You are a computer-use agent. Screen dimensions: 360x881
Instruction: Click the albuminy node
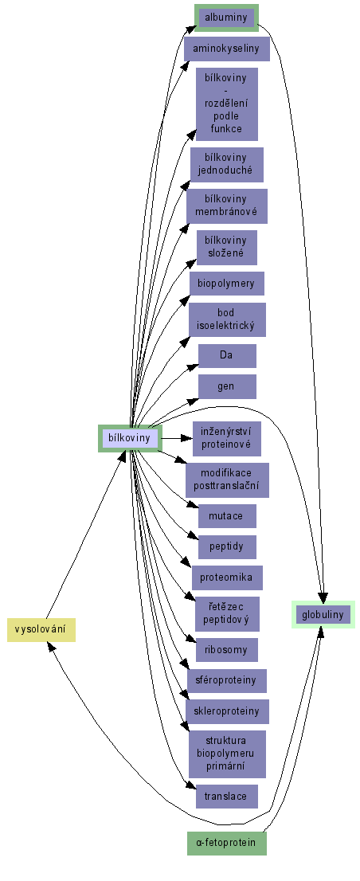tap(226, 18)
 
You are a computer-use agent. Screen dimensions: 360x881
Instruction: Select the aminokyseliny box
tap(226, 49)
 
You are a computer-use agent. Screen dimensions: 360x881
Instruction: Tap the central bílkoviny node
tap(130, 438)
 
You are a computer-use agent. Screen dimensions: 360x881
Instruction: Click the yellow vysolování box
tap(41, 629)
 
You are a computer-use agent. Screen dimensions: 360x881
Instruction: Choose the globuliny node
tap(323, 615)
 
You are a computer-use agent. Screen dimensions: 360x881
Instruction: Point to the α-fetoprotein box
tap(226, 843)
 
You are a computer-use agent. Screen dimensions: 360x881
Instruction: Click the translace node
tap(227, 796)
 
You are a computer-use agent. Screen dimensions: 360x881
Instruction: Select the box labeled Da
tap(227, 355)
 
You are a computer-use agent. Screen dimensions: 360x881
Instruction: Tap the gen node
tap(227, 386)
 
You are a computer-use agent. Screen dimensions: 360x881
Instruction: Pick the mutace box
tap(227, 516)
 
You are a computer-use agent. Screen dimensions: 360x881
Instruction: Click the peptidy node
tap(227, 546)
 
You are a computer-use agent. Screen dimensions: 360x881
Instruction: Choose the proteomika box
tap(227, 578)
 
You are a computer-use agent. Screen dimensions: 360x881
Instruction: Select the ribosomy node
tap(227, 650)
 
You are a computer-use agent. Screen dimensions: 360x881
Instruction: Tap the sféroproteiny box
tap(227, 681)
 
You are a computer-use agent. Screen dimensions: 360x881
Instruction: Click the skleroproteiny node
tap(227, 711)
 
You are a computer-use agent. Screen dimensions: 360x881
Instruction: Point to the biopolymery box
tap(227, 284)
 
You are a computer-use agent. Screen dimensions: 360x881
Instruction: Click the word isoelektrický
tap(227, 325)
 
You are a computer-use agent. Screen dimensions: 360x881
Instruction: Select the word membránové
tap(227, 212)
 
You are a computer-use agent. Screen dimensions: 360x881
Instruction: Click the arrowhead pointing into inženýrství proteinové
tap(187, 438)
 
